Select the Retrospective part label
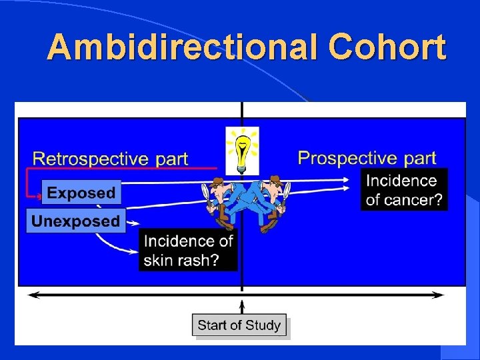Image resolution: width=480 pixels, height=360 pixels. [111, 159]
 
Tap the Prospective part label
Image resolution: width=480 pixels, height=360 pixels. [367, 158]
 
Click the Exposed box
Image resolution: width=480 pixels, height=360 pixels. [81, 193]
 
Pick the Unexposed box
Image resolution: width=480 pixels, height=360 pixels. [76, 221]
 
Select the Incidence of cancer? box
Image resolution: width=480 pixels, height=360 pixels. [404, 190]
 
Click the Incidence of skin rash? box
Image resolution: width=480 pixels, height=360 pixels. [188, 250]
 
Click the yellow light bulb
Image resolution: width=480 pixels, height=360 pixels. [241, 151]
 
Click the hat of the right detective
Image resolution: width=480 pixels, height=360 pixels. [273, 181]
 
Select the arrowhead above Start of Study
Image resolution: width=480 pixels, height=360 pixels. [241, 305]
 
